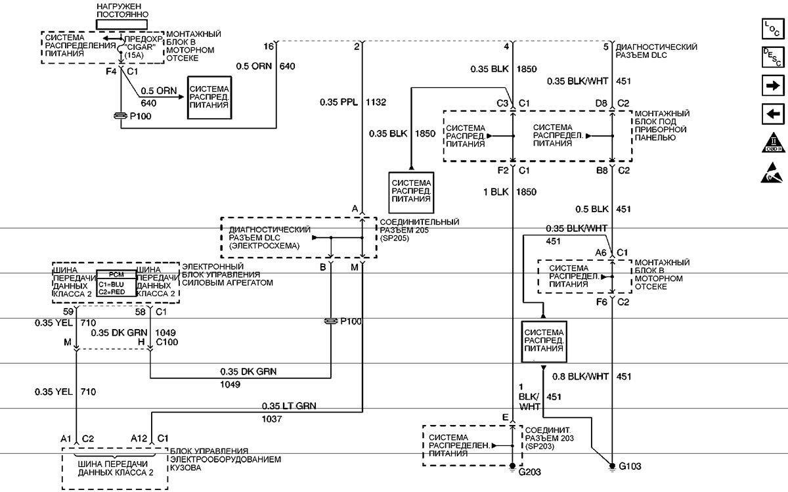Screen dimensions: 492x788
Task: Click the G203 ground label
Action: [529, 472]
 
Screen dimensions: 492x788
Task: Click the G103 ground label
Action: [630, 467]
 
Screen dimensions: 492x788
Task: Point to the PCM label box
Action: [116, 274]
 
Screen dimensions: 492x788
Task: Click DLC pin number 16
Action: [268, 47]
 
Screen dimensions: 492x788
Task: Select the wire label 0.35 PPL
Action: [337, 102]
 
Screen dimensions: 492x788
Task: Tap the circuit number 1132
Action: [377, 102]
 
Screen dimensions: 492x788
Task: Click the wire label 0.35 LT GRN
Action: [288, 406]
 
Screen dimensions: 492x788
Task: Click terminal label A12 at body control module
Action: [139, 438]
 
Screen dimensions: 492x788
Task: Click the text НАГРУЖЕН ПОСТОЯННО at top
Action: [122, 10]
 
